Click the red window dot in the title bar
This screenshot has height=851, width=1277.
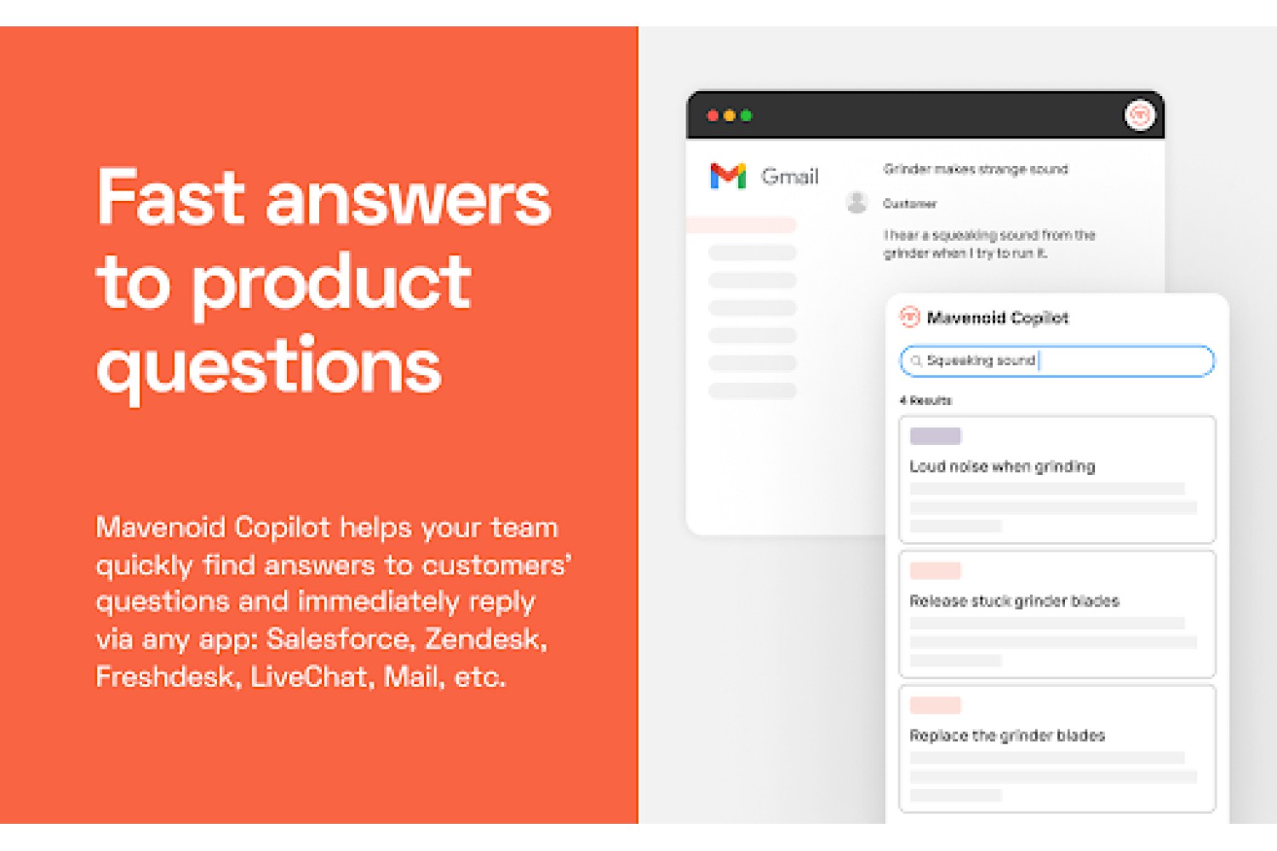(x=712, y=116)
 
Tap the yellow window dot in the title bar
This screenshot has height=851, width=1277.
(x=729, y=116)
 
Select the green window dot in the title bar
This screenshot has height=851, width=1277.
(x=747, y=116)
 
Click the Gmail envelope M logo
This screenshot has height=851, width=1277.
(x=728, y=175)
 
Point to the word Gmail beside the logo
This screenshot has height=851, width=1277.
(x=790, y=176)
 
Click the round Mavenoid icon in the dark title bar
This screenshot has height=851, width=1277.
(x=1139, y=116)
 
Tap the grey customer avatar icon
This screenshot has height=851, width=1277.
(x=856, y=203)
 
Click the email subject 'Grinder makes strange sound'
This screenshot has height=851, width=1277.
(x=976, y=169)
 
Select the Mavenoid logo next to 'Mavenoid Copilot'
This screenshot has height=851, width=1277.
(x=910, y=317)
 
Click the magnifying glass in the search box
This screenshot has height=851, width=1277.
(x=916, y=361)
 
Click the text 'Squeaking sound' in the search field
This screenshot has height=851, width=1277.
(x=981, y=360)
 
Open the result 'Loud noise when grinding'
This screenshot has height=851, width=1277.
(x=1002, y=466)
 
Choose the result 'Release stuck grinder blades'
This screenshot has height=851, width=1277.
(x=1014, y=601)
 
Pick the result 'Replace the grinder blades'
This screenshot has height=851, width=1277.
(x=1007, y=735)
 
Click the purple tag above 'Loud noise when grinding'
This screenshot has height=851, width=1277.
(x=936, y=436)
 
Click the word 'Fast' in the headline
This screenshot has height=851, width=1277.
(x=170, y=197)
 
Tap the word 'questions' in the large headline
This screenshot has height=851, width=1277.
(x=269, y=368)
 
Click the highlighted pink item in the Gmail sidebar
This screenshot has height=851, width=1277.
(x=742, y=226)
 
